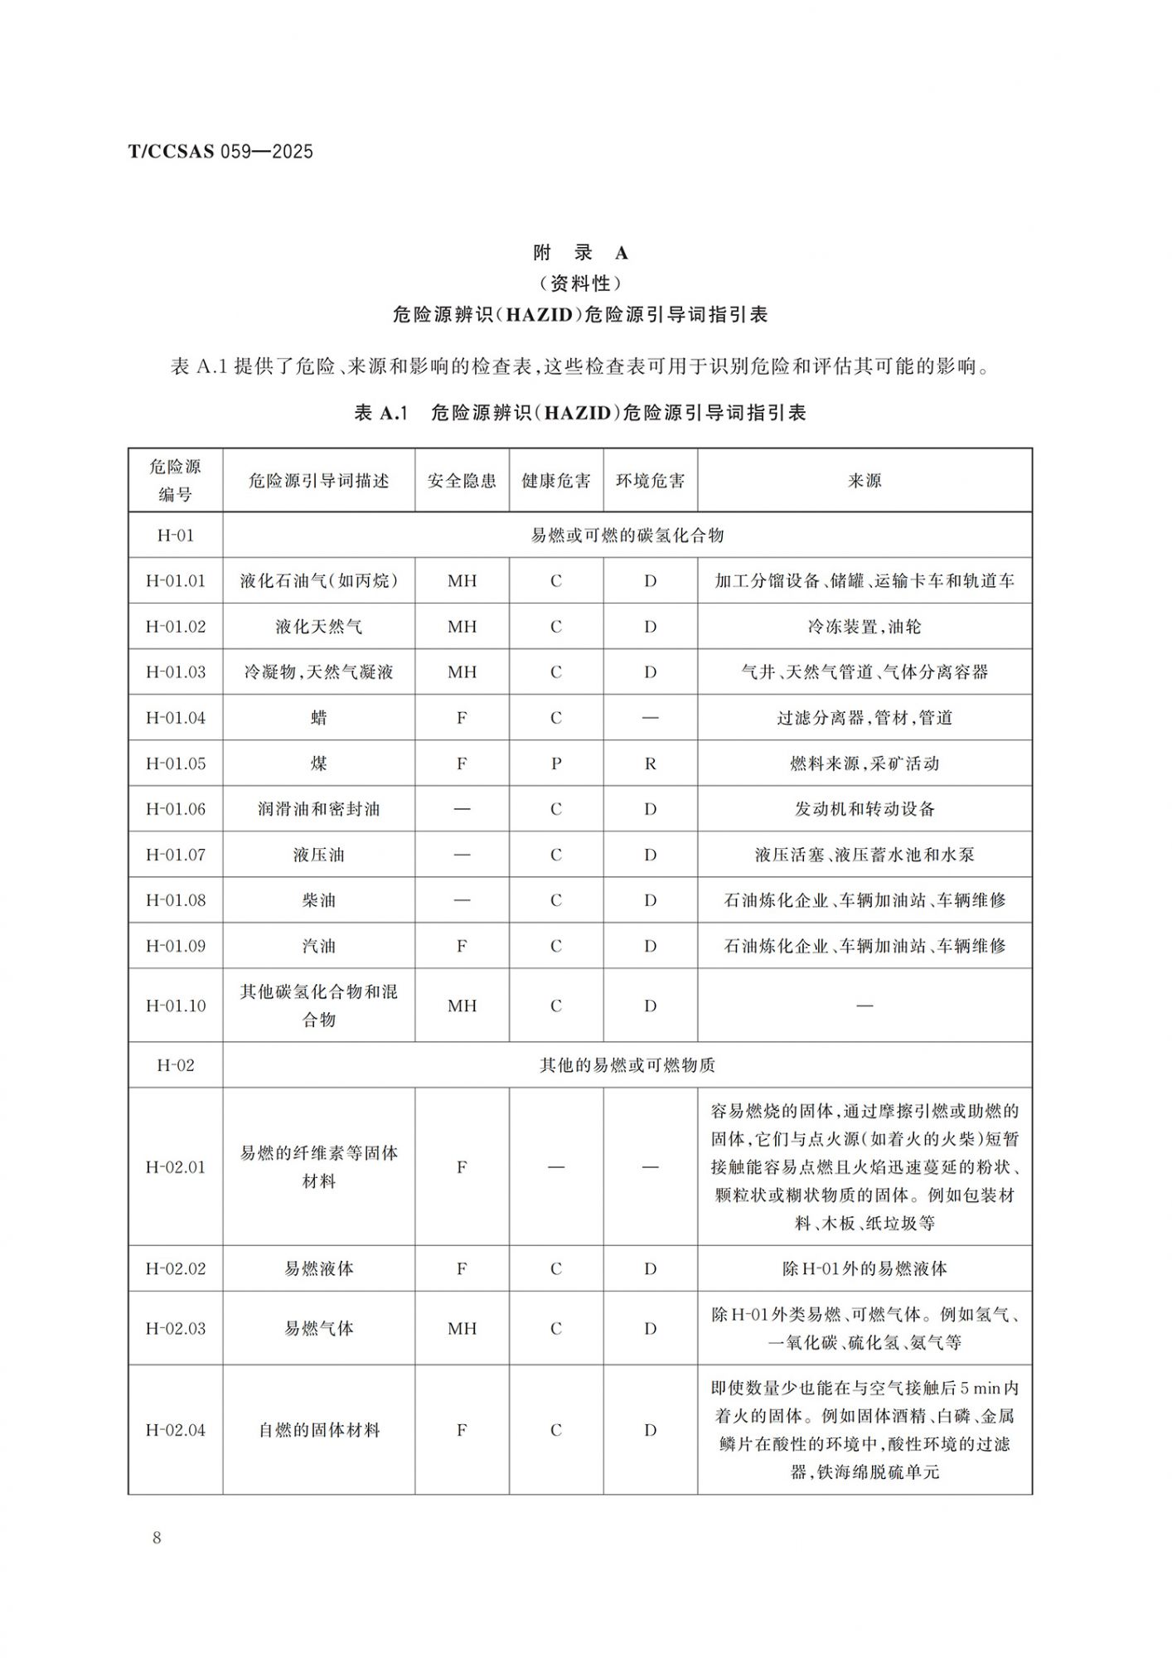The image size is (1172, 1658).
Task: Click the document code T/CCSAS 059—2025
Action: (x=220, y=151)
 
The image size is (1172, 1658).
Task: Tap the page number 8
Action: (x=157, y=1538)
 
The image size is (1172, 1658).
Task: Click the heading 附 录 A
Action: (x=580, y=253)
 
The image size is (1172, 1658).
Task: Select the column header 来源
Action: (x=864, y=481)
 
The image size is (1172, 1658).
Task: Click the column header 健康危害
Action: (x=555, y=481)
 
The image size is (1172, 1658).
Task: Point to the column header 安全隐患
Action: (x=462, y=481)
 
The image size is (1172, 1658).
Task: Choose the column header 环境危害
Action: (x=650, y=481)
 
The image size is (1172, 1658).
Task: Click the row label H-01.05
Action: (x=176, y=764)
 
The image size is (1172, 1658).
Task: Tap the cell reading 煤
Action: (x=319, y=764)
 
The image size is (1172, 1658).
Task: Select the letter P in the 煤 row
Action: (x=556, y=764)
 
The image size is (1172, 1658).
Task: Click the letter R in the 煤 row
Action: (x=650, y=764)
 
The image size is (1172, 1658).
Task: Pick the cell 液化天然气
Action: (x=319, y=627)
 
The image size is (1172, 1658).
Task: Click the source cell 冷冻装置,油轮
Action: (x=864, y=627)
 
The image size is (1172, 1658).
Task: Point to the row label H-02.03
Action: (x=176, y=1328)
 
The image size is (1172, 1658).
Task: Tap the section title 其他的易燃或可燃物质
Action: (x=627, y=1065)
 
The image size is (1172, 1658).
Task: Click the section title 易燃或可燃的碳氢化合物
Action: (x=627, y=536)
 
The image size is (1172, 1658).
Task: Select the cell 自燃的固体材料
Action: (x=319, y=1430)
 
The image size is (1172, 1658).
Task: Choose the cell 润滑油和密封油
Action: (x=319, y=809)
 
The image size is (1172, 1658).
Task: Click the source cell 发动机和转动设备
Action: (x=864, y=809)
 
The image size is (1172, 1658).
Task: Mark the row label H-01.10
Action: (x=176, y=1006)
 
